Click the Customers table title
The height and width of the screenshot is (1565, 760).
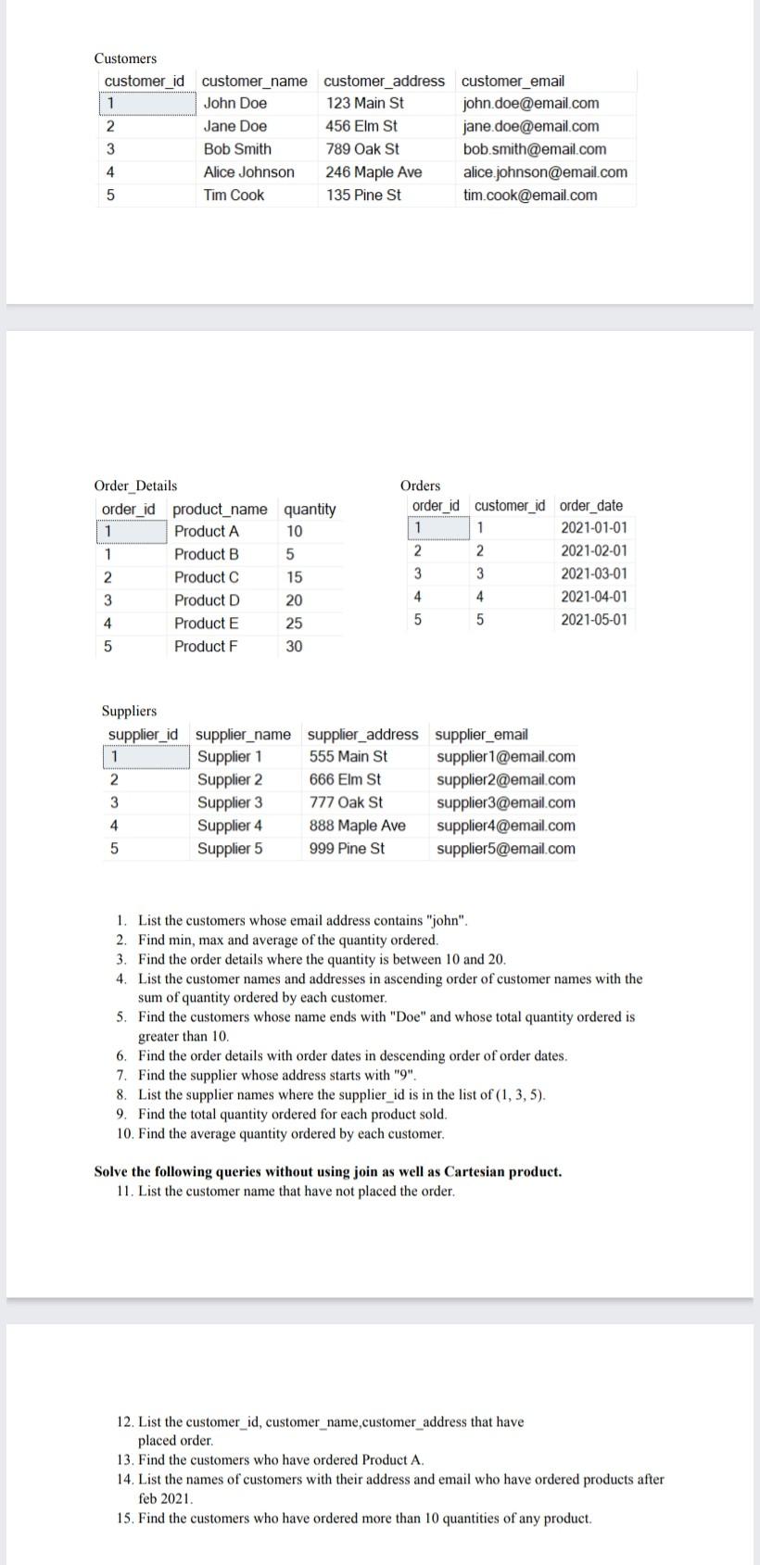(125, 58)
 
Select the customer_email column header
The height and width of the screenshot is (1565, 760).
(513, 82)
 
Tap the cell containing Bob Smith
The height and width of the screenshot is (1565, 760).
(237, 149)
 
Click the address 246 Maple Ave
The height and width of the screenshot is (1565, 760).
(374, 172)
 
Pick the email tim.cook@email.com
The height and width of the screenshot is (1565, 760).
(530, 196)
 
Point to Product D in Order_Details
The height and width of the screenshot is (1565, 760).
(207, 600)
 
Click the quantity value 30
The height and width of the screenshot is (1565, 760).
(294, 647)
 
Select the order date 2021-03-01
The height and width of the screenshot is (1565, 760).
(593, 574)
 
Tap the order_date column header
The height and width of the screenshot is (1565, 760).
(591, 506)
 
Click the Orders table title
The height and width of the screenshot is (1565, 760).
(420, 486)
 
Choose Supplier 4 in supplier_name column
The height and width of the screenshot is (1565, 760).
(230, 826)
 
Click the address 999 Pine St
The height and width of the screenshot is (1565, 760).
(347, 849)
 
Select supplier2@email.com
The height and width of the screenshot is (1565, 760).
(505, 780)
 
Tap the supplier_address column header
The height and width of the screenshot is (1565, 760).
(362, 735)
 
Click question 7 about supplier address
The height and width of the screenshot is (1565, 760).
(276, 1076)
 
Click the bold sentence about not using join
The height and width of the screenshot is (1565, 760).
(328, 1172)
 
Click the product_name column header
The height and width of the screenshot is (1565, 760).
(220, 510)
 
